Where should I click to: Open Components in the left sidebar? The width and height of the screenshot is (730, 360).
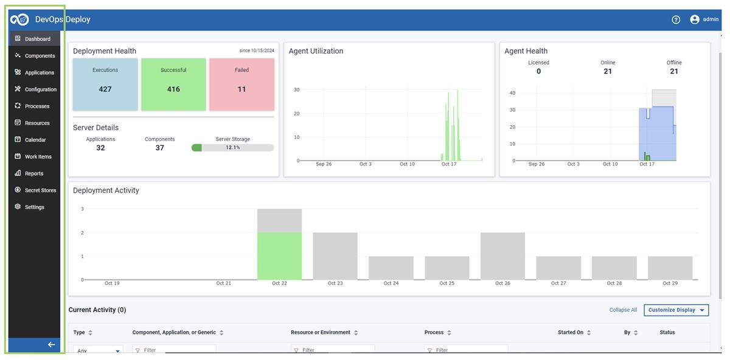pos(40,56)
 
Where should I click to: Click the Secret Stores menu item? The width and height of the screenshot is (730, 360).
pos(40,190)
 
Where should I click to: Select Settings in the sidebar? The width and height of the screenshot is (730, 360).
pos(34,207)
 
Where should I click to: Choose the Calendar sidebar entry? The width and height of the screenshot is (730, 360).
pos(35,140)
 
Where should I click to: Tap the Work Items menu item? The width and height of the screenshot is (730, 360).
pos(38,157)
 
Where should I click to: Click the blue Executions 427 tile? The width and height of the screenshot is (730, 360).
pos(105,85)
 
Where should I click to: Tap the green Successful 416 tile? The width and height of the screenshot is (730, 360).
pos(173,85)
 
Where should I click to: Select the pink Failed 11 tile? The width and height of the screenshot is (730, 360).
pos(242,85)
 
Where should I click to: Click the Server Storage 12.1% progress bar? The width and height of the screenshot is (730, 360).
pos(232,148)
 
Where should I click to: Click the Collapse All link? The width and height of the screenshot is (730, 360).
pos(623,310)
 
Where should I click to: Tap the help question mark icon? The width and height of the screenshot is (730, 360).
pos(676,19)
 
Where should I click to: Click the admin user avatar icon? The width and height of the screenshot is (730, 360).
pos(695,19)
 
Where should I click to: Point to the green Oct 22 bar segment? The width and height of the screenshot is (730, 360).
pos(279,256)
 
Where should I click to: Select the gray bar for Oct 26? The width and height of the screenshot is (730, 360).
pos(502,256)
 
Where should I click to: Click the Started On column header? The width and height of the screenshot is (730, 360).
pos(571,333)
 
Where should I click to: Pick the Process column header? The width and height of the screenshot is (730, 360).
pos(434,333)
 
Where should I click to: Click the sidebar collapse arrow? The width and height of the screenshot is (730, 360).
pos(51,345)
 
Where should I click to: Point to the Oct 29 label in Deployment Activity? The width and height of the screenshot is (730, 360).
pos(670,283)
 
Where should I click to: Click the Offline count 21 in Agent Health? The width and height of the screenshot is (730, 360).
pos(674,71)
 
